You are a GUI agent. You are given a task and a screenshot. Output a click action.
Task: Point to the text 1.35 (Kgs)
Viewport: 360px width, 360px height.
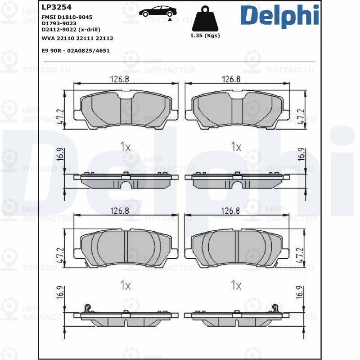[205, 36]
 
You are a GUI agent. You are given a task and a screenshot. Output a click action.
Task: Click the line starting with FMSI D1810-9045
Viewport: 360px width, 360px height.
[67, 17]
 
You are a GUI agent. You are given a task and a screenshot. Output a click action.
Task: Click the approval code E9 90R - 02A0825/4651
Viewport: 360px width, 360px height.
[75, 51]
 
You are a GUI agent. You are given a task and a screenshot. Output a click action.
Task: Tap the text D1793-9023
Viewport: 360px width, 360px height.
[58, 22]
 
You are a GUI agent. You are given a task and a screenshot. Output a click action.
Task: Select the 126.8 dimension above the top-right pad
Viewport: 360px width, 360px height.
[231, 79]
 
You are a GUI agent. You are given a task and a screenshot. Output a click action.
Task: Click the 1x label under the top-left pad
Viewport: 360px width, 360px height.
[125, 147]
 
